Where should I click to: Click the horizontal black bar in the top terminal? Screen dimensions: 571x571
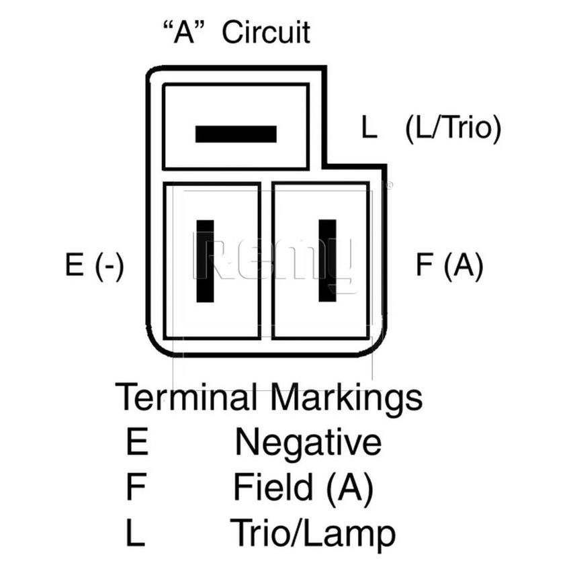pyautogui.click(x=236, y=134)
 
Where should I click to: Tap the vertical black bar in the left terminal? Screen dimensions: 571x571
pyautogui.click(x=206, y=261)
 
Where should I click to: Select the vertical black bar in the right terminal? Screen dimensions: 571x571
pyautogui.click(x=327, y=260)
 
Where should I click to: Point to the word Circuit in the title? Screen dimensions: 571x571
pyautogui.click(x=266, y=32)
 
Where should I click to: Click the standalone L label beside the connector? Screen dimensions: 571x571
pyautogui.click(x=369, y=128)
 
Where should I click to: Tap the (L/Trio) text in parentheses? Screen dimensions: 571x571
pyautogui.click(x=453, y=128)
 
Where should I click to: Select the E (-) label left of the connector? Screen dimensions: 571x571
pyautogui.click(x=94, y=266)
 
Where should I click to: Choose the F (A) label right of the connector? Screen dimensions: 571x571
pyautogui.click(x=449, y=266)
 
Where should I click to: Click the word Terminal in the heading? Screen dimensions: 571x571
pyautogui.click(x=186, y=398)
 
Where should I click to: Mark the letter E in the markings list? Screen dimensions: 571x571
pyautogui.click(x=136, y=443)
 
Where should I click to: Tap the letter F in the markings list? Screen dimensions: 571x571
pyautogui.click(x=136, y=488)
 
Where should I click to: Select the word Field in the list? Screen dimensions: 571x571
pyautogui.click(x=274, y=488)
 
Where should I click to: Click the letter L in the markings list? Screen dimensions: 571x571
pyautogui.click(x=135, y=533)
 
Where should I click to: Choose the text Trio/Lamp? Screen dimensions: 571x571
pyautogui.click(x=312, y=535)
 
